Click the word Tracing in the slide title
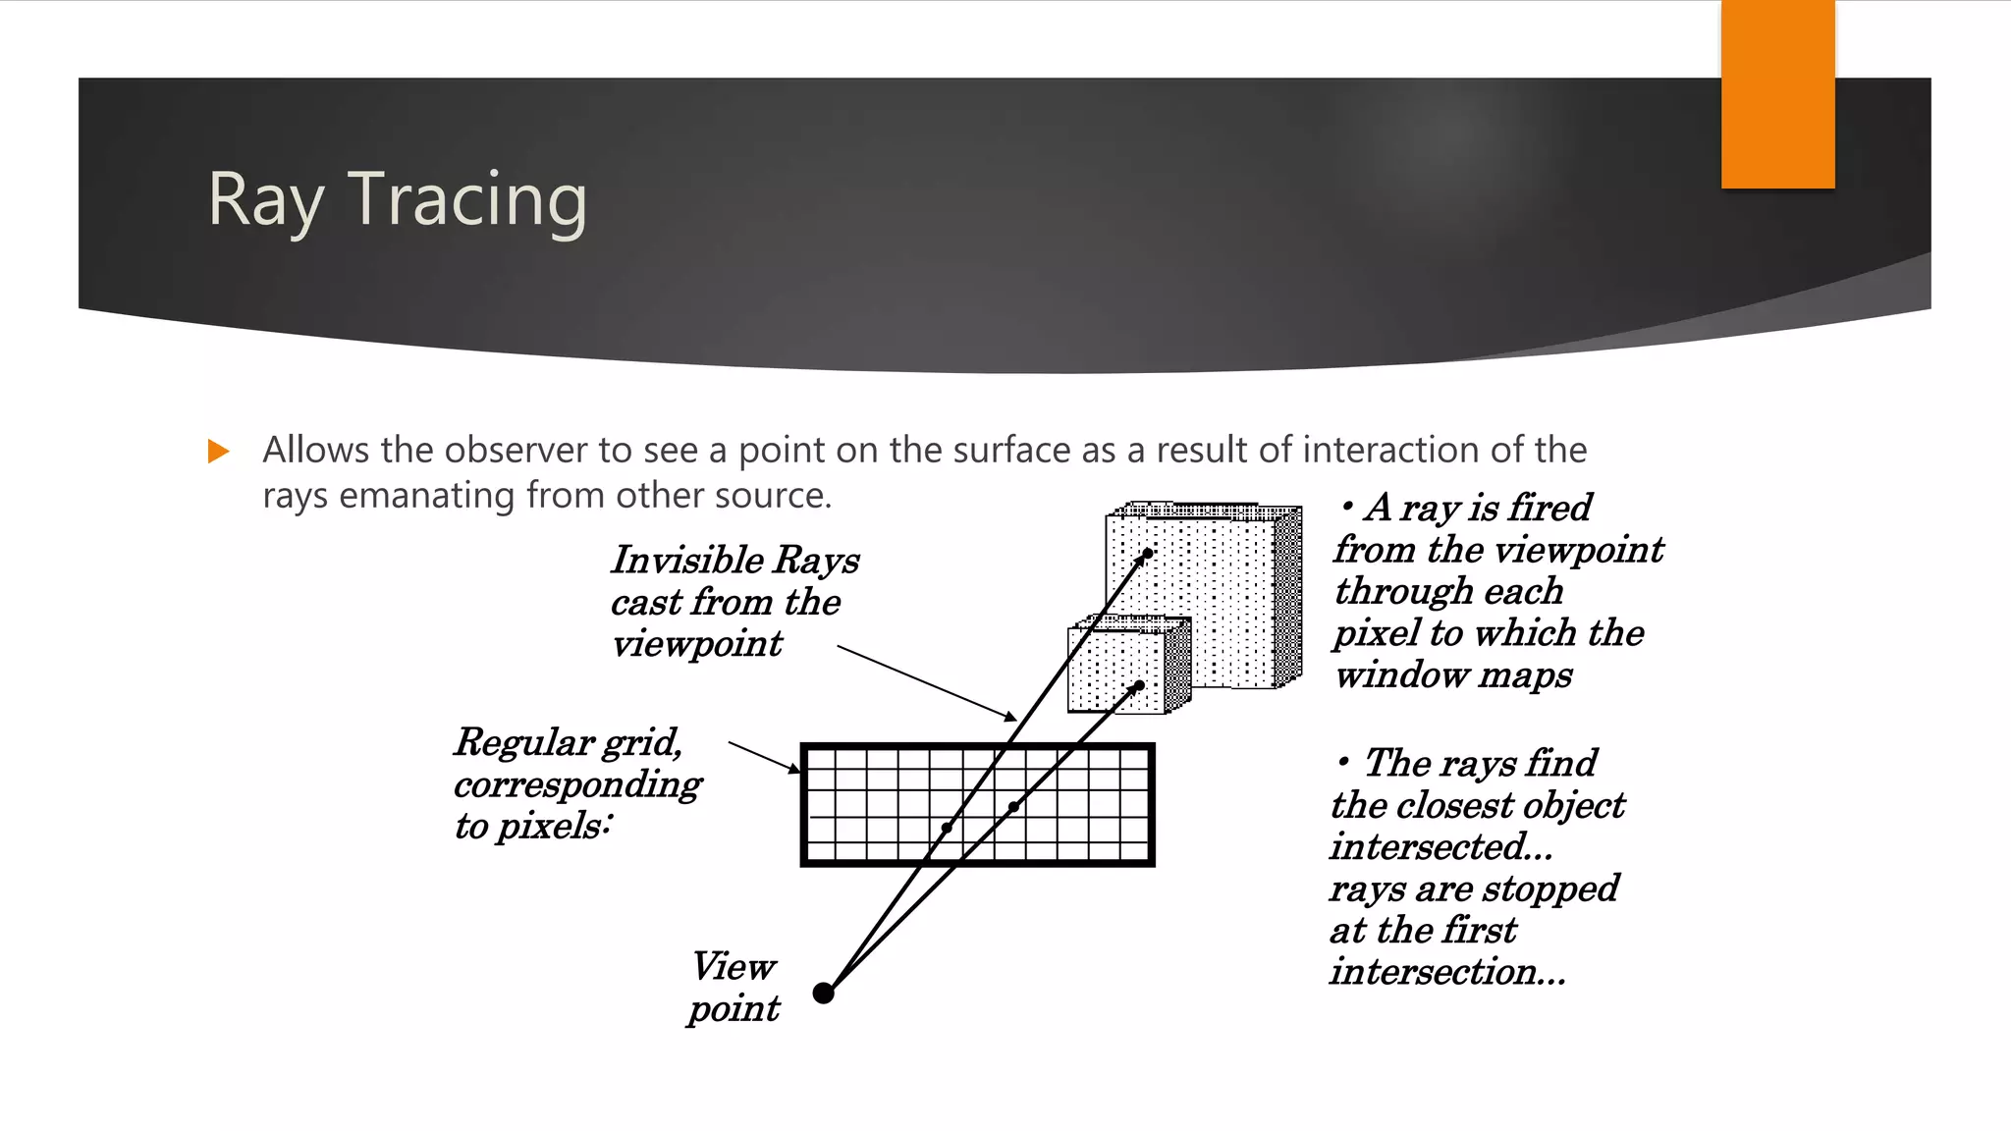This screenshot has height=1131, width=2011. [467, 199]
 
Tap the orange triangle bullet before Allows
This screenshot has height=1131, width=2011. [218, 452]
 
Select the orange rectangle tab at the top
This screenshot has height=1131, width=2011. [1777, 93]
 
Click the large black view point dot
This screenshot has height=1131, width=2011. [824, 993]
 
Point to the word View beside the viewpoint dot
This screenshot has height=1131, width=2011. [734, 967]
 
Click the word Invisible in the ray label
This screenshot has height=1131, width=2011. [686, 560]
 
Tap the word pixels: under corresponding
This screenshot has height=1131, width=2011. [554, 827]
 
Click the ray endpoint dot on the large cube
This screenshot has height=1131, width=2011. [1147, 554]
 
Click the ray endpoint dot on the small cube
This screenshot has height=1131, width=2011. [1139, 685]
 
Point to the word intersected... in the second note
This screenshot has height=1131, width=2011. [1440, 847]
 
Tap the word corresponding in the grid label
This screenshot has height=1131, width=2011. [577, 784]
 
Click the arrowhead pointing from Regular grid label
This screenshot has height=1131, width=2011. [795, 769]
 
